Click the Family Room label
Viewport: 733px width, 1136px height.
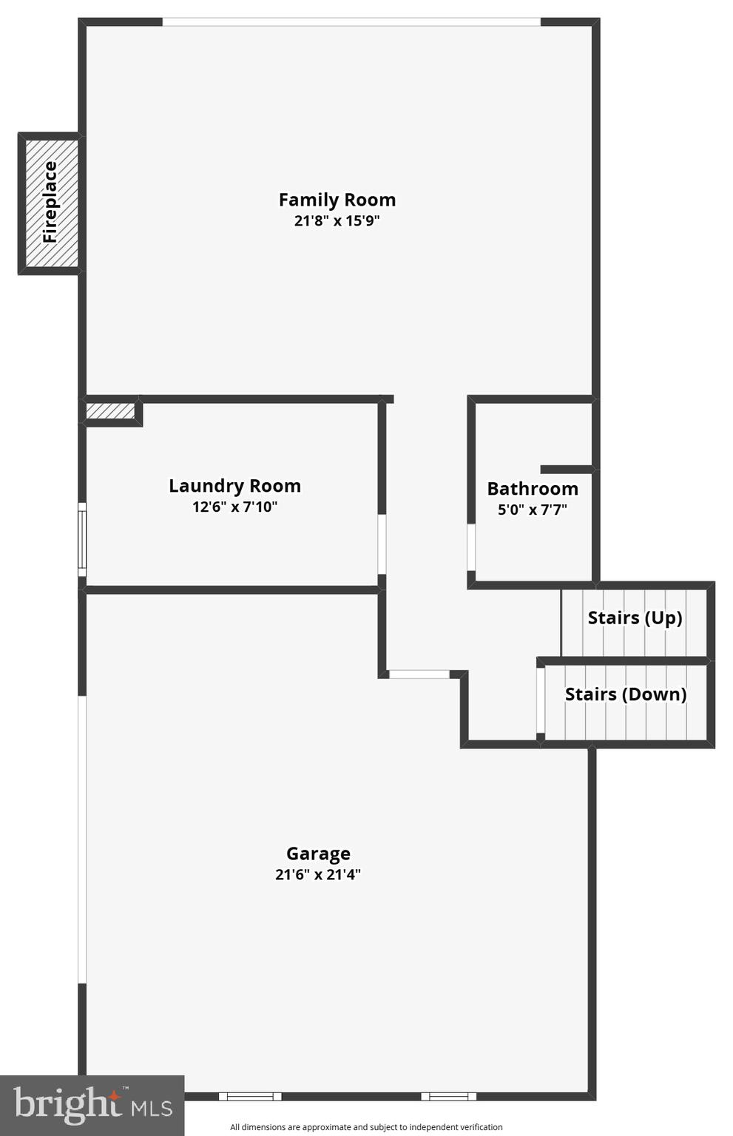coord(337,200)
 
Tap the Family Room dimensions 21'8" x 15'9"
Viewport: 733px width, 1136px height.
coord(337,220)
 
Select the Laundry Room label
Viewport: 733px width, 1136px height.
coord(234,486)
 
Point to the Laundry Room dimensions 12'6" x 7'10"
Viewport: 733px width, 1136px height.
coord(234,507)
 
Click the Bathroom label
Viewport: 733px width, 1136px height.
coord(533,489)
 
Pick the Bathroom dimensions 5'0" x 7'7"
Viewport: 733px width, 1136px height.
coord(533,510)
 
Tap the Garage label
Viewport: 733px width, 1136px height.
coord(318,853)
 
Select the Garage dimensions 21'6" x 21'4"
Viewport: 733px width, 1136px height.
coord(318,874)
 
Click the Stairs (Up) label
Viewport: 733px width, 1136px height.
coord(635,618)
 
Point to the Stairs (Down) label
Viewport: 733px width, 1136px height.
coord(626,694)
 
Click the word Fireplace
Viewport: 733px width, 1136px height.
coord(50,202)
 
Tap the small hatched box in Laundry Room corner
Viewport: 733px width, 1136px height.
coord(110,410)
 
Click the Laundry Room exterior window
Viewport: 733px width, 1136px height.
coord(82,540)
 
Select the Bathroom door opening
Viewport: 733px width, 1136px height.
coord(471,547)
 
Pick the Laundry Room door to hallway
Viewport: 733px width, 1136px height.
coord(382,544)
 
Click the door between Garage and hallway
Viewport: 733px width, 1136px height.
coord(419,674)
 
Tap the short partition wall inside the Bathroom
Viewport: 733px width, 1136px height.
coord(566,469)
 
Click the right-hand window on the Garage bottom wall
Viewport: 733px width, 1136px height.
coord(448,1096)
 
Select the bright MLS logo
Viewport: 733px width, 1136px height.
coord(92,1105)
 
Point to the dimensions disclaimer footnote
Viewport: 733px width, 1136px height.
coord(366,1127)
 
